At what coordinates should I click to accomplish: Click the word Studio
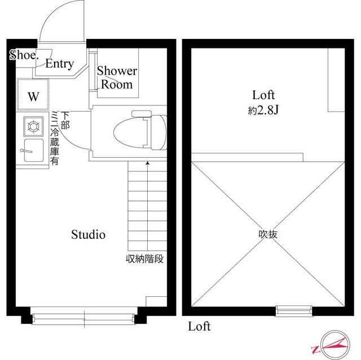[88, 235]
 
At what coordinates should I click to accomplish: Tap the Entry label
[59, 64]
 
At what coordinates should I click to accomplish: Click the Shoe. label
[23, 55]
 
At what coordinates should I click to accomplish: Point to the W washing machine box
[33, 96]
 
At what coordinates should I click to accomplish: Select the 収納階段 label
[145, 259]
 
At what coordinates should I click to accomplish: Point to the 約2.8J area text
[264, 111]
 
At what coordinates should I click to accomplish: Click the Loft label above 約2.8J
[263, 95]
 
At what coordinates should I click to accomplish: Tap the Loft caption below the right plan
[199, 326]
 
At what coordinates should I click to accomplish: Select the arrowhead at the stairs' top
[148, 163]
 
